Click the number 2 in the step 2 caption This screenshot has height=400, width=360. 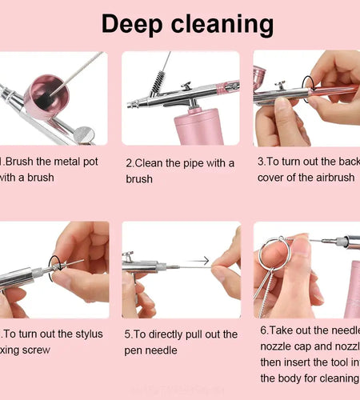click(x=129, y=163)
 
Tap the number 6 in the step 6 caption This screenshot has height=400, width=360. click(x=264, y=330)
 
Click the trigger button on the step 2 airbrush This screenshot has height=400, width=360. click(x=186, y=85)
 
